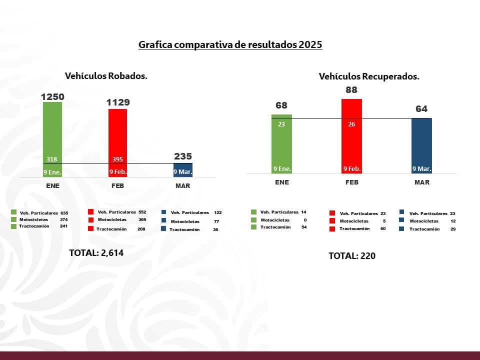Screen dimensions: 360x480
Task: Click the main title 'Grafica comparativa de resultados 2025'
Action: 230,45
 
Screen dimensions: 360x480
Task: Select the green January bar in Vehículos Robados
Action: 52,135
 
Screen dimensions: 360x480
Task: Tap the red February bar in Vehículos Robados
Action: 117,140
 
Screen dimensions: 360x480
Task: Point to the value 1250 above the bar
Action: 52,96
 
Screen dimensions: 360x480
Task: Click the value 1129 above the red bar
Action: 118,102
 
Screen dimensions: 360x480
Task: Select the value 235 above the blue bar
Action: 182,156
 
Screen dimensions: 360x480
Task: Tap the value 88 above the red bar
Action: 351,90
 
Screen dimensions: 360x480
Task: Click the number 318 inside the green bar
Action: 52,159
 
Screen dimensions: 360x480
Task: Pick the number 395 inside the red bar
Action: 117,159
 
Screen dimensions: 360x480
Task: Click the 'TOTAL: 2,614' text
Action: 96,253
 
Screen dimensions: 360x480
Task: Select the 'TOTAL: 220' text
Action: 351,256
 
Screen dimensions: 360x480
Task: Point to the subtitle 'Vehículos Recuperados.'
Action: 369,76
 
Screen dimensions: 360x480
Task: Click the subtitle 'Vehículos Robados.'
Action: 106,76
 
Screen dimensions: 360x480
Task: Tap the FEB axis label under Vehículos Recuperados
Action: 352,182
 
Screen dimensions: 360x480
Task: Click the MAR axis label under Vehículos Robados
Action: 183,185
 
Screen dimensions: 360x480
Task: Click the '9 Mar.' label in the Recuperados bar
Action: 421,169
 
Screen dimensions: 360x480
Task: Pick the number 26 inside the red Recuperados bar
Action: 351,124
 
